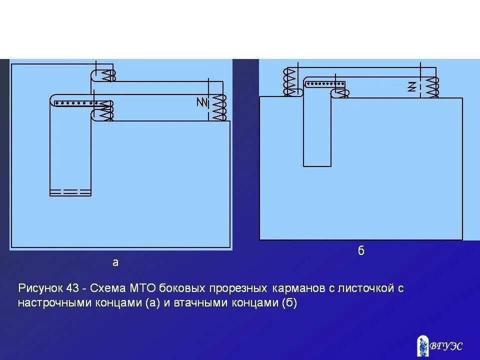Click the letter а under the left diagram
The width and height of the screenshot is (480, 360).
coord(115,262)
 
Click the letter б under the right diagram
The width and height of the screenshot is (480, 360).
coord(361,251)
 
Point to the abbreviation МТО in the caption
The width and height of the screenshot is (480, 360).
coord(143,288)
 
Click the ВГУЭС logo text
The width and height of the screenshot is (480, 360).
coord(446,345)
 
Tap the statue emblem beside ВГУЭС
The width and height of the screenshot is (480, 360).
coord(422,345)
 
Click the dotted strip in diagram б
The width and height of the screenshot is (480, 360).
coord(325,84)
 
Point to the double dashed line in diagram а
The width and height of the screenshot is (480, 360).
coord(70,191)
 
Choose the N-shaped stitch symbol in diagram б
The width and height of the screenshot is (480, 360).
coord(412,86)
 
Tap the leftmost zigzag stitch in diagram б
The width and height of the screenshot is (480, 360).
coord(289,82)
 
